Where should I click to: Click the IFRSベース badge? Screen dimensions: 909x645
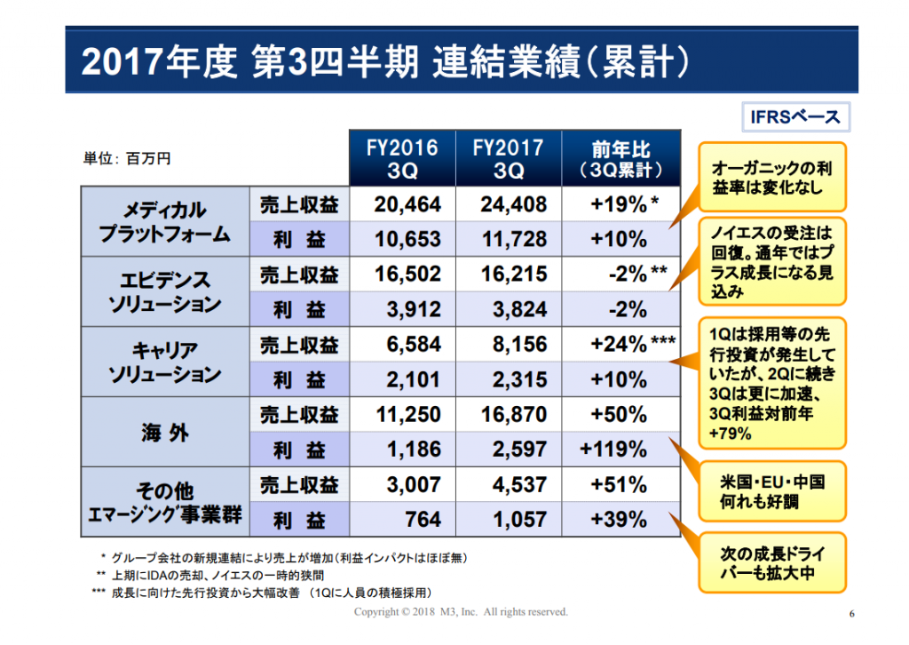click(x=796, y=117)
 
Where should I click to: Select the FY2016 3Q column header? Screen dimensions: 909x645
click(x=402, y=158)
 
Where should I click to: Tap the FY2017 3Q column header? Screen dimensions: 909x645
click(x=509, y=158)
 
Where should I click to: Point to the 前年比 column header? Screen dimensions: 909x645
click(x=620, y=158)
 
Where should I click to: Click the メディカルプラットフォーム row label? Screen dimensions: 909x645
click(x=165, y=221)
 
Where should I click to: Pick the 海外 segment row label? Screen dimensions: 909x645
click(x=165, y=432)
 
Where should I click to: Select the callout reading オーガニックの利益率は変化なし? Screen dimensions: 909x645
click(x=772, y=177)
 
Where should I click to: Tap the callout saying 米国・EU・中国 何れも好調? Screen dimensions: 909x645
click(x=772, y=492)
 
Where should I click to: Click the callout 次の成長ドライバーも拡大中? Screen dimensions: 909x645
click(x=772, y=562)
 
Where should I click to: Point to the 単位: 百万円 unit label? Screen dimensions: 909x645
click(x=127, y=158)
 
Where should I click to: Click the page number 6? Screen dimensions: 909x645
click(x=851, y=614)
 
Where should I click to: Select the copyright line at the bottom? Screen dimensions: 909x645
click(x=461, y=612)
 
